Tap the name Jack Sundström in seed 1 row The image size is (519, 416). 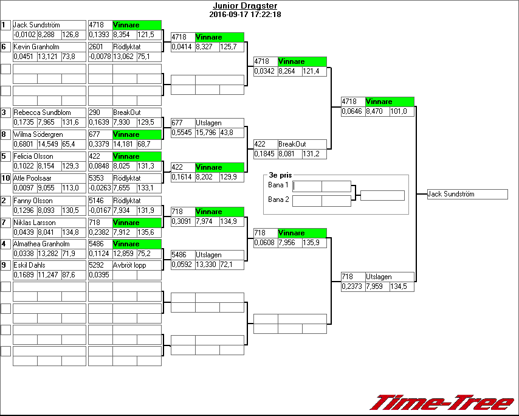pyautogui.click(x=36, y=25)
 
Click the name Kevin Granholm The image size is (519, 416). pyautogui.click(x=36, y=47)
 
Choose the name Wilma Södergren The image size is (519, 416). pyautogui.click(x=40, y=134)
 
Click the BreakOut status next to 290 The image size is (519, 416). pyautogui.click(x=126, y=113)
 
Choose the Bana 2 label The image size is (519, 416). pyautogui.click(x=279, y=199)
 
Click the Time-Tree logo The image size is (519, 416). pyautogui.click(x=442, y=403)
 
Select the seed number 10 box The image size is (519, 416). pyautogui.click(x=5, y=178)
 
